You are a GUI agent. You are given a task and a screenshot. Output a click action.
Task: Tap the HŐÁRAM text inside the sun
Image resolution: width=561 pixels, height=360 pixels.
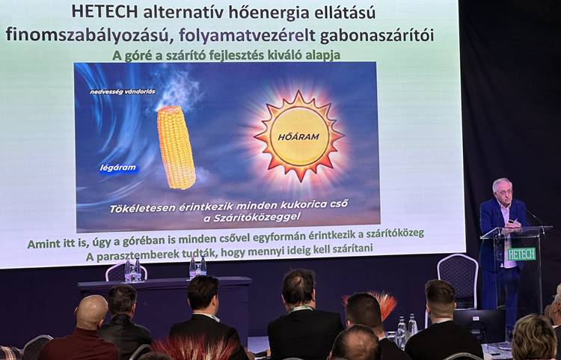pos(299,136)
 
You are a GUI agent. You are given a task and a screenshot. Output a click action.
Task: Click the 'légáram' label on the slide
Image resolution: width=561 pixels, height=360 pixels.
pos(118,168)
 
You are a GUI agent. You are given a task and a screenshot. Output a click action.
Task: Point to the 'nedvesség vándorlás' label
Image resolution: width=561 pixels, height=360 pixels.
pos(122,91)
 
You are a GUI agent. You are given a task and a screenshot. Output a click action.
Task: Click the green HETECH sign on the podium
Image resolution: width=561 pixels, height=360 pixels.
pos(521,254)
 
